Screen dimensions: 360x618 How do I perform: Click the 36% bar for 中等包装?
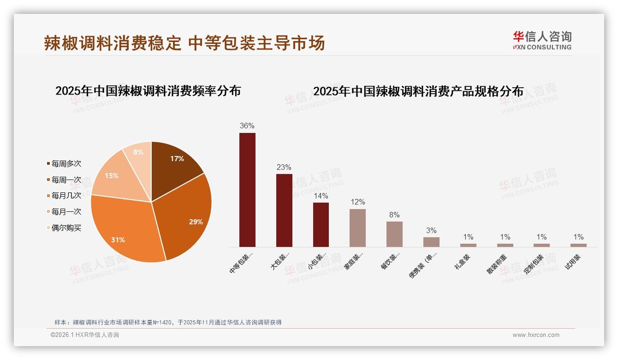click(247, 190)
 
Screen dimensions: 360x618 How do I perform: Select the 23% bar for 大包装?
click(284, 210)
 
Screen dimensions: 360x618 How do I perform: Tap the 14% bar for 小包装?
click(321, 225)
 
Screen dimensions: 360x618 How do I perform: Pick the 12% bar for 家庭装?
click(357, 228)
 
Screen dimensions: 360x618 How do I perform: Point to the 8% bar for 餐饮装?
click(394, 234)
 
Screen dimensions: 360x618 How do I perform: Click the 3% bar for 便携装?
click(431, 242)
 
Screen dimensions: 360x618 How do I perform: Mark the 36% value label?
click(247, 126)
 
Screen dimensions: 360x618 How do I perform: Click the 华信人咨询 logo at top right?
click(542, 40)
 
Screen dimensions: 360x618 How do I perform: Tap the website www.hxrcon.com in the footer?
click(536, 335)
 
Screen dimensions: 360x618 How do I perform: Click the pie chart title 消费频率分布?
click(148, 91)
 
